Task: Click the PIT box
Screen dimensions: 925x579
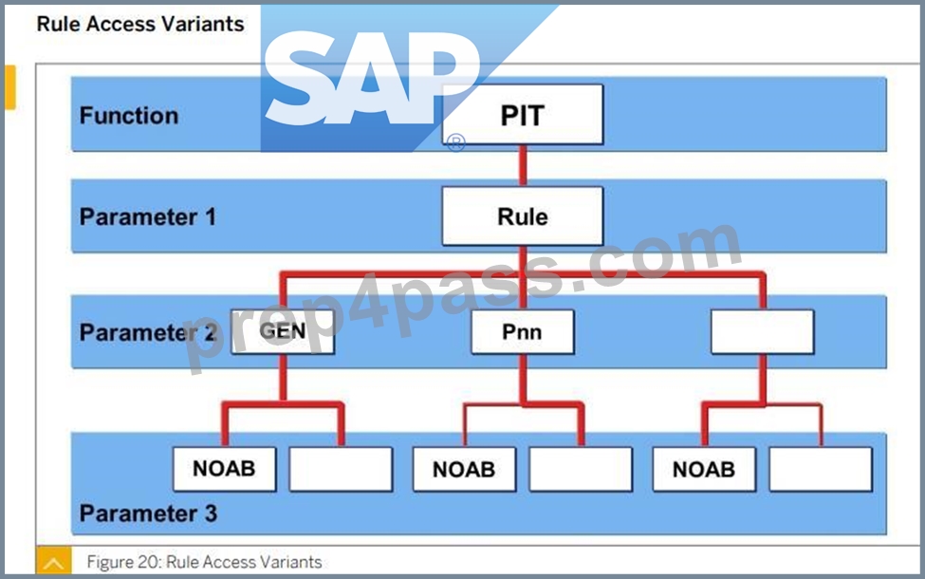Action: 523,115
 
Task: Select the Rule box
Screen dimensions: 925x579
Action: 523,216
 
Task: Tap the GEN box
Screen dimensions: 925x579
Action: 283,331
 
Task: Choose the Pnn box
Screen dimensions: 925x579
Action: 523,331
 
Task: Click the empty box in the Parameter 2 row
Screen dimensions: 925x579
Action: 762,331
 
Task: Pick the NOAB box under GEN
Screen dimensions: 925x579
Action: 224,469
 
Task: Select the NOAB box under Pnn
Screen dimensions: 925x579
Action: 464,469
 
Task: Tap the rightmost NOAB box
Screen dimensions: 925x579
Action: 704,469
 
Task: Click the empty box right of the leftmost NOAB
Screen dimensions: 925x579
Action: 341,469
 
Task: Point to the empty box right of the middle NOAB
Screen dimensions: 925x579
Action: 581,469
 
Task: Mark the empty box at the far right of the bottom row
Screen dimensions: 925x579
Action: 821,469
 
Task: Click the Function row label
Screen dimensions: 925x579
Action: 129,115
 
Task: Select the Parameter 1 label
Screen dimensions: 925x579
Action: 147,216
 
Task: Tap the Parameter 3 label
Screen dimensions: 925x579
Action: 148,514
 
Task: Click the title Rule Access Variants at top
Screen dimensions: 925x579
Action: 139,24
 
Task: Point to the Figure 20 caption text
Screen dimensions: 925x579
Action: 204,561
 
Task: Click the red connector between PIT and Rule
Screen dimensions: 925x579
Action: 523,166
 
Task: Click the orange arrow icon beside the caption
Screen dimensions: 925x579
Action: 54,561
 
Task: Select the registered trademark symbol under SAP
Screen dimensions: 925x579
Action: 455,142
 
